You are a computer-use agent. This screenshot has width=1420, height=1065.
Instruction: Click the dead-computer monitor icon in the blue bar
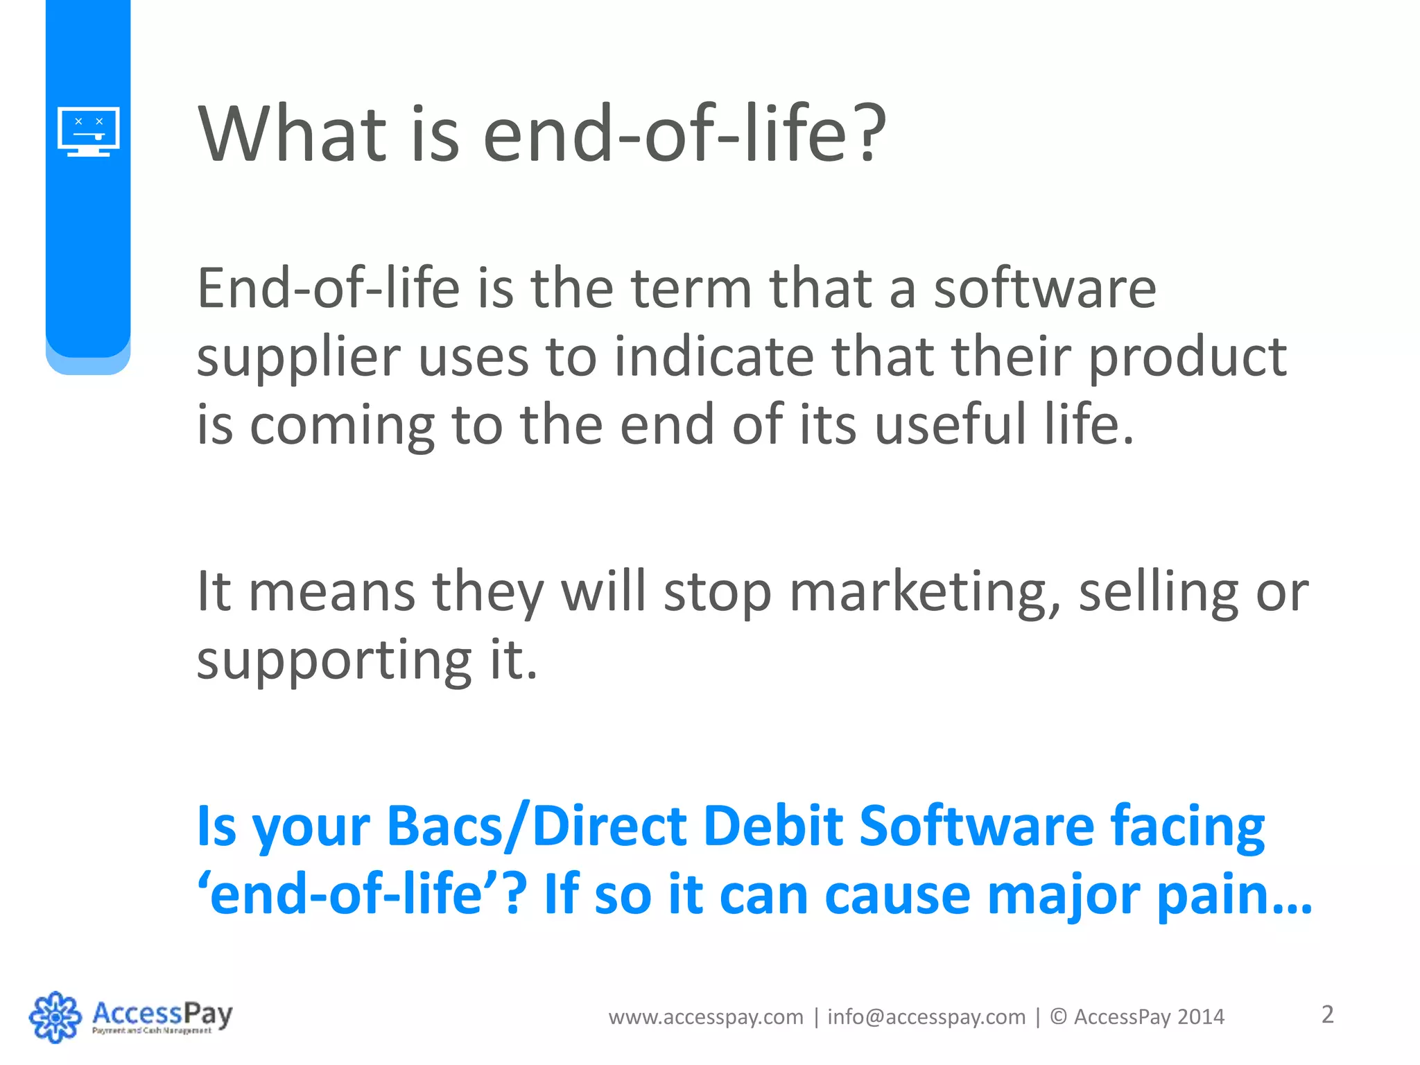click(88, 131)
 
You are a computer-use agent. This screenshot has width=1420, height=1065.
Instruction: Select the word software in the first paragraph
click(1044, 290)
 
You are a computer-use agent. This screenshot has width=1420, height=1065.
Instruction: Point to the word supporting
click(334, 661)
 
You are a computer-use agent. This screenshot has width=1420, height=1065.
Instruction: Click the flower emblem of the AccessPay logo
click(55, 1016)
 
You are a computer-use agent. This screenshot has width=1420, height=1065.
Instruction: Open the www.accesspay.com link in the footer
click(706, 1017)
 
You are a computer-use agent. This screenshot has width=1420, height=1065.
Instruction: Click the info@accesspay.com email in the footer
click(926, 1017)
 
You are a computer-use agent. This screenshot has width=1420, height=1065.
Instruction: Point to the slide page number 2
click(1327, 1014)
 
